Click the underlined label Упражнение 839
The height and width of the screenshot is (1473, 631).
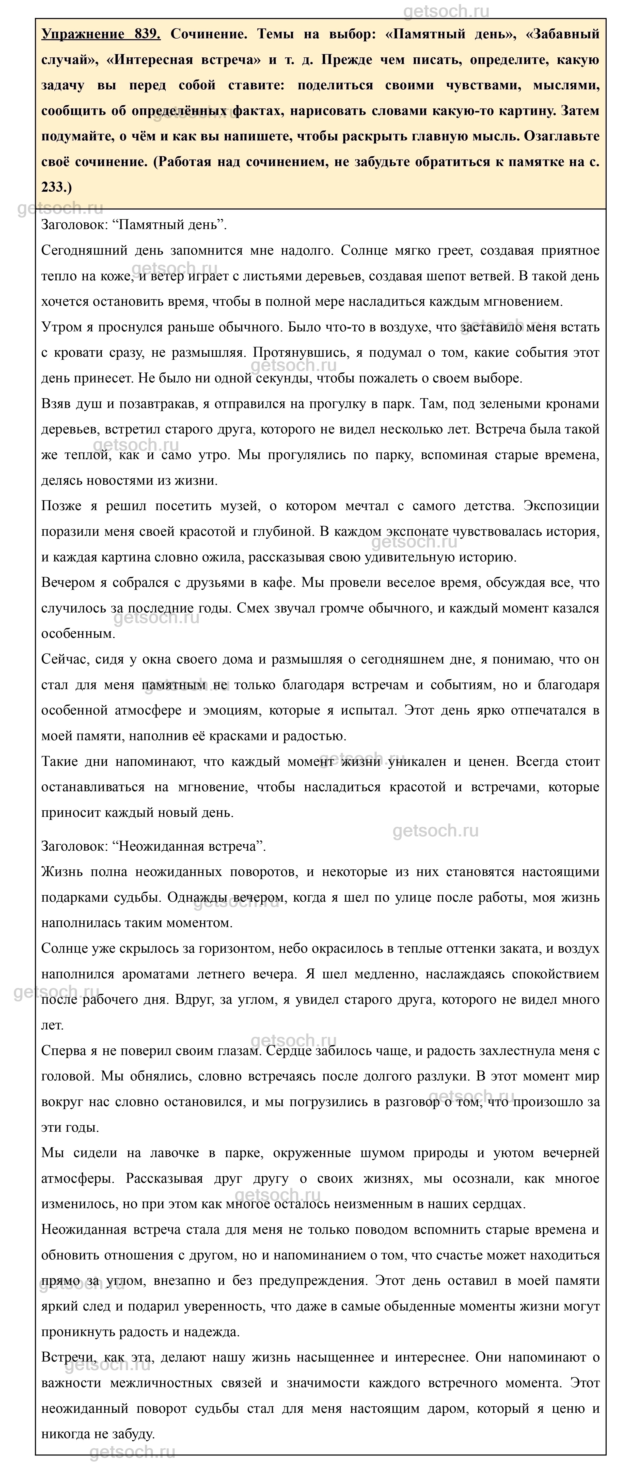101,34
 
